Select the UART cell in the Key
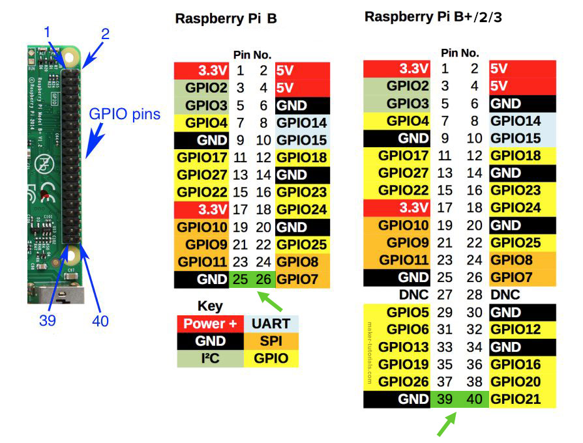(x=271, y=324)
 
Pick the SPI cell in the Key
(x=271, y=341)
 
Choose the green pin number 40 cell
(x=475, y=399)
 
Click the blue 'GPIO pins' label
(x=125, y=116)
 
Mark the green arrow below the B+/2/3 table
(x=447, y=425)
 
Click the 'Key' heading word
(x=209, y=306)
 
